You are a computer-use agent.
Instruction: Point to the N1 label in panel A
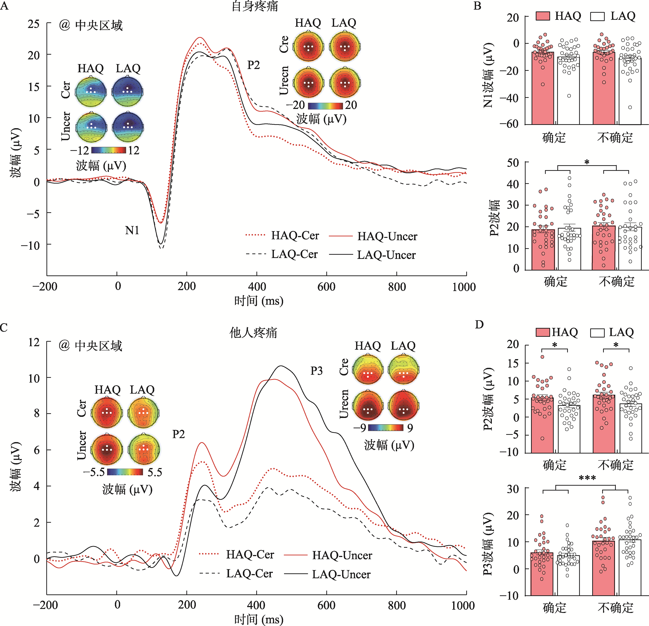click(x=132, y=230)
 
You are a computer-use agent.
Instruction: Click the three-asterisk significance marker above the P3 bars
click(x=587, y=478)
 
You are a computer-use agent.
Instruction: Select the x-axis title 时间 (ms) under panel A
click(x=259, y=301)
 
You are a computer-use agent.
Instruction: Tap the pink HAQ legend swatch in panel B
click(x=543, y=16)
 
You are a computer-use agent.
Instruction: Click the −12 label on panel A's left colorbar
click(x=80, y=150)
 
